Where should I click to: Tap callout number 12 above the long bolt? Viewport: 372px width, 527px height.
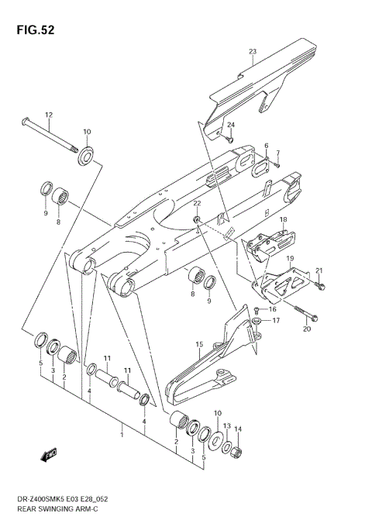(48, 115)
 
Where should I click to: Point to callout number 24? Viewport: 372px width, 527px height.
(230, 125)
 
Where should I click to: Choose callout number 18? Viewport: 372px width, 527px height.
(284, 220)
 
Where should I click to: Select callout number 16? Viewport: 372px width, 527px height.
(272, 308)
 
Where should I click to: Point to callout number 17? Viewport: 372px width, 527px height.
(276, 319)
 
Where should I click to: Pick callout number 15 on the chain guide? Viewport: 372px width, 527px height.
(199, 343)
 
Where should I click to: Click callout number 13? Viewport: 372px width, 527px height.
(226, 425)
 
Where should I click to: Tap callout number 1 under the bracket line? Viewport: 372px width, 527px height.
(121, 436)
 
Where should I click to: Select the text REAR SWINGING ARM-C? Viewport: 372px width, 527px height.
(59, 511)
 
